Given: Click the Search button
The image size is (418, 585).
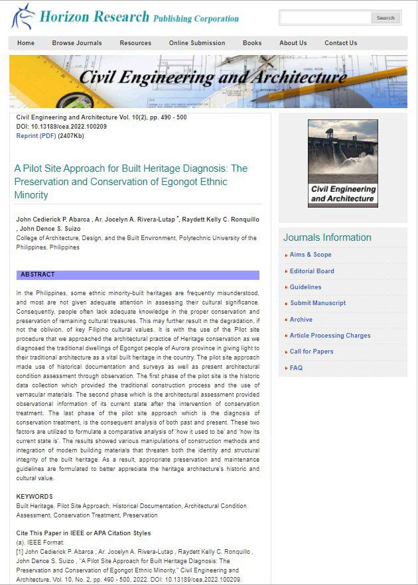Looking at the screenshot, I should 385,18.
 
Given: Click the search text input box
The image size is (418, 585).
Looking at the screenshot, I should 325,18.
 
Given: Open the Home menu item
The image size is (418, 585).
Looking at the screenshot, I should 26,43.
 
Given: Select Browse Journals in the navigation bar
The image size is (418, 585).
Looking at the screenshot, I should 77,43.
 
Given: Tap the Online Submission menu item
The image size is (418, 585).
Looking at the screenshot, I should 197,43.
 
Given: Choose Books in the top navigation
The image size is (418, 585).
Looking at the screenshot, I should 252,43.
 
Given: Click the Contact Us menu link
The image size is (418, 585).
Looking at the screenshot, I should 340,43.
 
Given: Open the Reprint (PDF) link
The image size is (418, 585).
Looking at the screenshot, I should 36,136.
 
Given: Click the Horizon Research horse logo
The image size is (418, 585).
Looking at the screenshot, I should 23,17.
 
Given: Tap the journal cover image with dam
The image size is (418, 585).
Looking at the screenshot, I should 342,163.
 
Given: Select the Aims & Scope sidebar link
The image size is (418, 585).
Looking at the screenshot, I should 310,255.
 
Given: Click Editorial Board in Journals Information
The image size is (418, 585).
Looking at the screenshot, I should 312,271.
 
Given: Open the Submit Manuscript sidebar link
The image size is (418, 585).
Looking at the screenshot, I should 317,303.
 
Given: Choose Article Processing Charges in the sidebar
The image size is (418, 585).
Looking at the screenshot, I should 330,336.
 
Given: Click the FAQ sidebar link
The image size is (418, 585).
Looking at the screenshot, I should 296,368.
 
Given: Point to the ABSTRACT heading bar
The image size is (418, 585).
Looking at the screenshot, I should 138,275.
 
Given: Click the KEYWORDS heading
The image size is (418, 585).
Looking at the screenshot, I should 35,496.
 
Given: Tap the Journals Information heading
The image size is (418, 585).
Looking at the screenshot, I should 327,237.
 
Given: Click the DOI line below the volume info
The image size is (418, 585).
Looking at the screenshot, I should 61,127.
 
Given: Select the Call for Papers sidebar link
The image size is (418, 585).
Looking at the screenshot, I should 311,352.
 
